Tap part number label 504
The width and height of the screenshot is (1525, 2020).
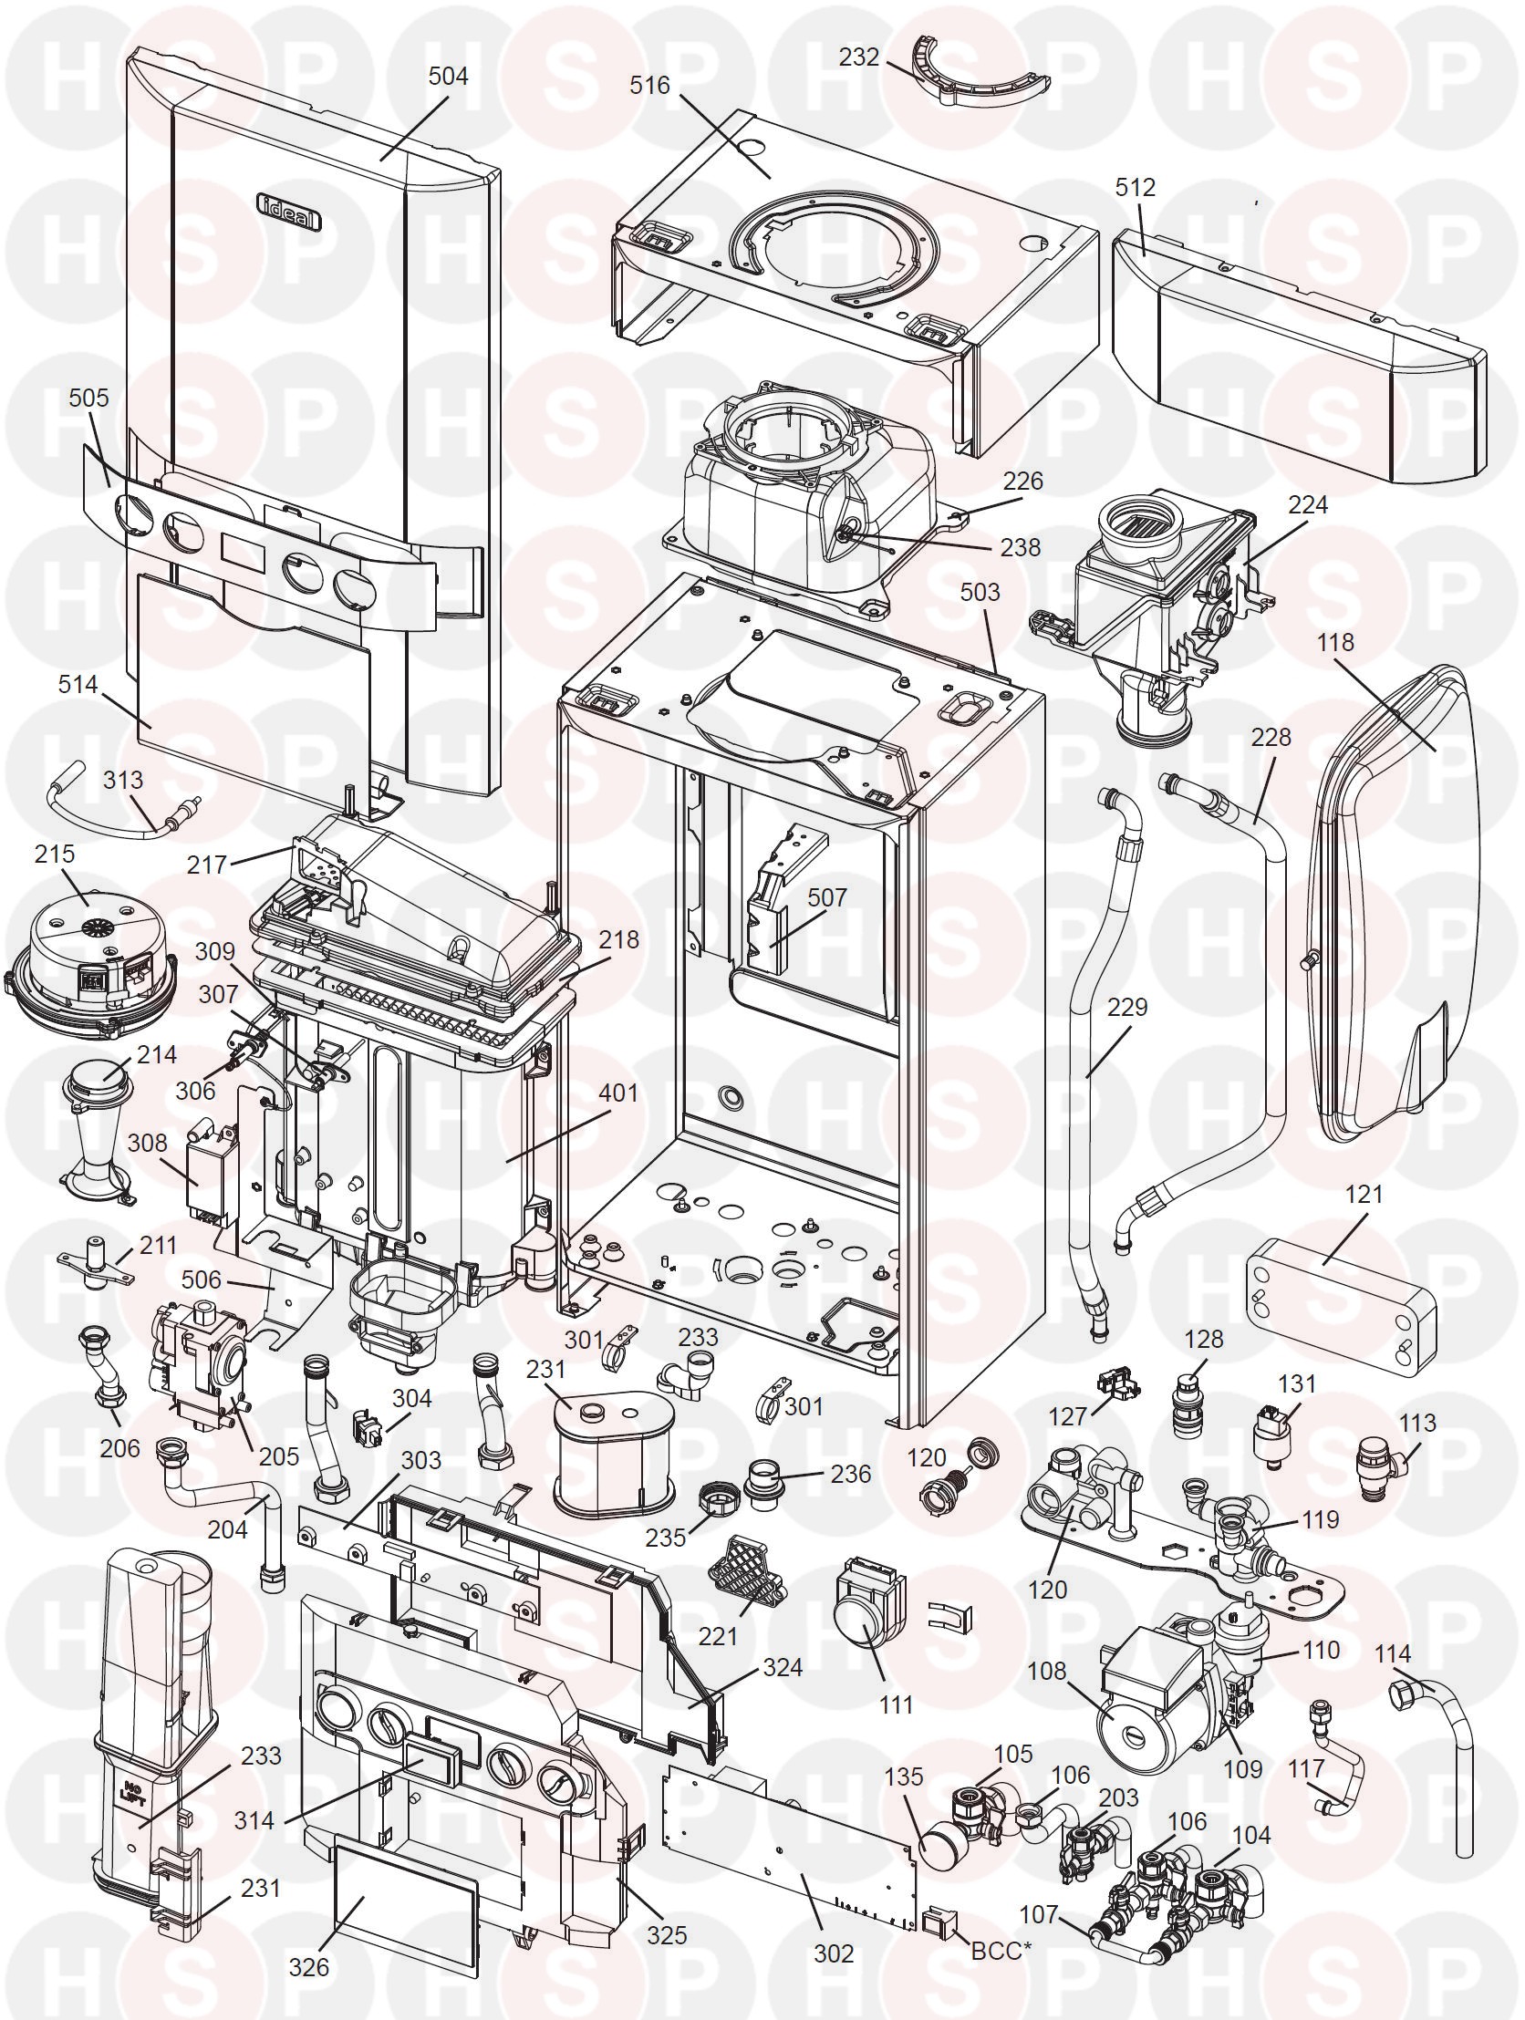(x=449, y=76)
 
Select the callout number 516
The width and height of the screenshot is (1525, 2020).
(x=650, y=85)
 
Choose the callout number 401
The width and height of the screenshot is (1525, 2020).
(x=618, y=1092)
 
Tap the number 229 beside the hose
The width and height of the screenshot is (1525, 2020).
(x=1126, y=1006)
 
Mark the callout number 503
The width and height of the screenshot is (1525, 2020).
(x=980, y=592)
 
